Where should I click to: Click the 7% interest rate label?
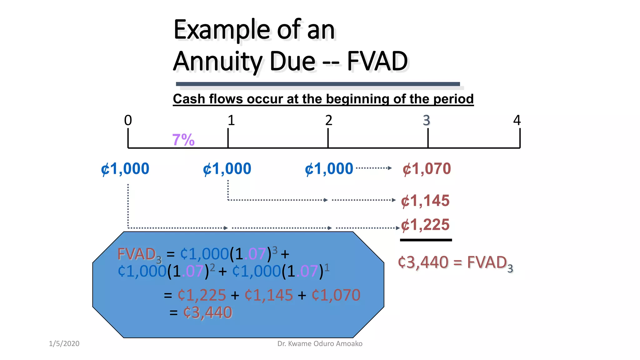[x=183, y=140]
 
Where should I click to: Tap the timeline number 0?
[x=128, y=120]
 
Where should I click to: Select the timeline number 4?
[x=517, y=120]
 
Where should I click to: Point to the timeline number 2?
[x=328, y=120]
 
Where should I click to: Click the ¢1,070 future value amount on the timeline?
[x=427, y=169]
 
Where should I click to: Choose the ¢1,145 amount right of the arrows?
[x=425, y=201]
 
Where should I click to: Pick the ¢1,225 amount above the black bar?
[x=425, y=225]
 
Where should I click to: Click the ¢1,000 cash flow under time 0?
[x=125, y=169]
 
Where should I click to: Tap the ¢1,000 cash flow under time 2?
[x=329, y=169]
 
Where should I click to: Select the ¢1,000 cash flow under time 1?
[x=227, y=169]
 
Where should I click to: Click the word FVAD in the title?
[x=377, y=61]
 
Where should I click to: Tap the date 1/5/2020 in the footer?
[x=64, y=344]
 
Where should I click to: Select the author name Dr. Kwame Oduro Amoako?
[x=320, y=344]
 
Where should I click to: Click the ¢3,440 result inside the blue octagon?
[x=208, y=312]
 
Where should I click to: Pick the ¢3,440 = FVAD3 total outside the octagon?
[x=455, y=263]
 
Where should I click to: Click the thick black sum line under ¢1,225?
[x=426, y=240]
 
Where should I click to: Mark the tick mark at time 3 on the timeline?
[x=428, y=138]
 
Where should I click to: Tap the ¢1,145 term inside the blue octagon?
[x=269, y=295]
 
